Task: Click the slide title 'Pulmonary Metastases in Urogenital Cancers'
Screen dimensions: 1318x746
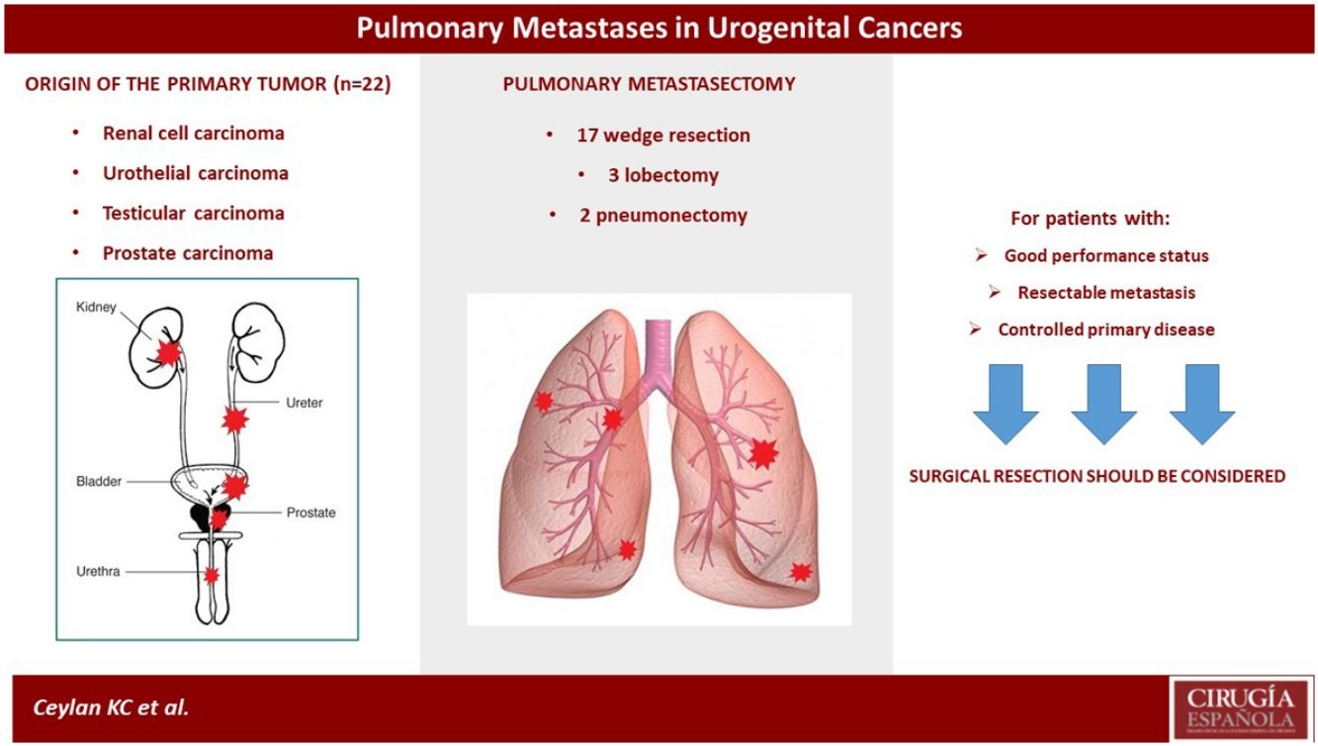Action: pos(659,29)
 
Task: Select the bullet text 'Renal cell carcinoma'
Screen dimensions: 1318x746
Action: pos(194,134)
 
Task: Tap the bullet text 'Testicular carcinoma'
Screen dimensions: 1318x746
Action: pos(194,213)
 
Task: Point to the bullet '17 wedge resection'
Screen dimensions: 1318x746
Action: pos(663,136)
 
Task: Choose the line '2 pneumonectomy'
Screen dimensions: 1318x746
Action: pos(663,216)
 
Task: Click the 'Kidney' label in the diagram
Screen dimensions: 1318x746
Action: pos(96,308)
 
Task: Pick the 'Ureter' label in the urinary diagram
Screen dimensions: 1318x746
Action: pos(305,403)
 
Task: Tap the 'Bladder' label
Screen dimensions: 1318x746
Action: pos(99,481)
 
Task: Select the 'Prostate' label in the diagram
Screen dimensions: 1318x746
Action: pos(310,513)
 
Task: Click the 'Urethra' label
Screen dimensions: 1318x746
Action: pos(98,571)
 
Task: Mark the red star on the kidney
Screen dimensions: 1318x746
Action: pos(168,352)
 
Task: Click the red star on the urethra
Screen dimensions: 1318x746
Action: pos(212,575)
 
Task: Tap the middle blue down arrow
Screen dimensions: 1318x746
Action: pos(1103,404)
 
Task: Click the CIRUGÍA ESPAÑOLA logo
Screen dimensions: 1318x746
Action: pos(1241,709)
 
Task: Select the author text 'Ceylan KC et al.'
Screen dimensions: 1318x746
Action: pos(111,707)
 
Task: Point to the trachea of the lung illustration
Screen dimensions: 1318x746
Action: pos(658,347)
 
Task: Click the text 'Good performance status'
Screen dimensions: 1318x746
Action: pos(1106,255)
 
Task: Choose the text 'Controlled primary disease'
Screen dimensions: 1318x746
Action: pos(1106,329)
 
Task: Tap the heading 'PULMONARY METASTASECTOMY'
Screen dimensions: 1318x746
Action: pos(649,84)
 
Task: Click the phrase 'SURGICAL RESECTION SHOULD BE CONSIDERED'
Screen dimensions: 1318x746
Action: pos(1098,476)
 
